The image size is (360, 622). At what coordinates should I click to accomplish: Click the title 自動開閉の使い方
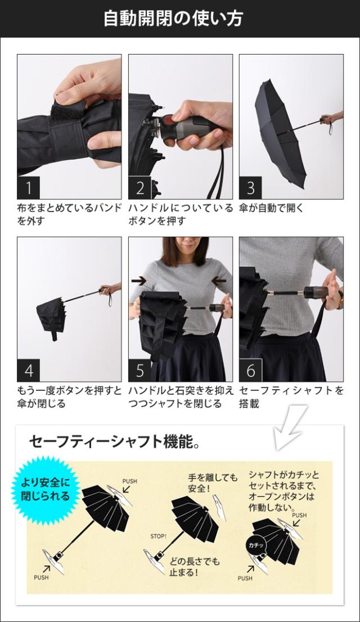[173, 19]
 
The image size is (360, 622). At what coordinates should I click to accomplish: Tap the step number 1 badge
[29, 188]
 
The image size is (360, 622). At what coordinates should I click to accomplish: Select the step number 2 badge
[139, 188]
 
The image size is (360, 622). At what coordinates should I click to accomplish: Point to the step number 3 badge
[250, 188]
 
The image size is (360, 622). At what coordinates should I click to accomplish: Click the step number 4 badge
[29, 370]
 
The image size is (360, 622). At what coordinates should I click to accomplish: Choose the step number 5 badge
[139, 370]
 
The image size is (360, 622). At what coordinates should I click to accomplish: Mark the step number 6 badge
[250, 370]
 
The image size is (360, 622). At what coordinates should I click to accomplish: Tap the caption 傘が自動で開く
[271, 208]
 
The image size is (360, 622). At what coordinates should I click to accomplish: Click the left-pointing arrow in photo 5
[219, 281]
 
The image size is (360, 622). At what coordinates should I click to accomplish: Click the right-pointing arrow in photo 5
[139, 281]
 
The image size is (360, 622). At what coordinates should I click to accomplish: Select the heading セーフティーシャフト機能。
[114, 441]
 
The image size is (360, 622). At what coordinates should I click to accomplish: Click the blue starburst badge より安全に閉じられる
[45, 490]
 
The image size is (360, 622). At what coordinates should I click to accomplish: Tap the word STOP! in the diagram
[159, 537]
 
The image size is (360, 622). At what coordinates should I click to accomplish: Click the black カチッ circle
[256, 546]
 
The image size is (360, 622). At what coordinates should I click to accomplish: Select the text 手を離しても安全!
[213, 483]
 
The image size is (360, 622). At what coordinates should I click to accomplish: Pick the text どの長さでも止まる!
[195, 567]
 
